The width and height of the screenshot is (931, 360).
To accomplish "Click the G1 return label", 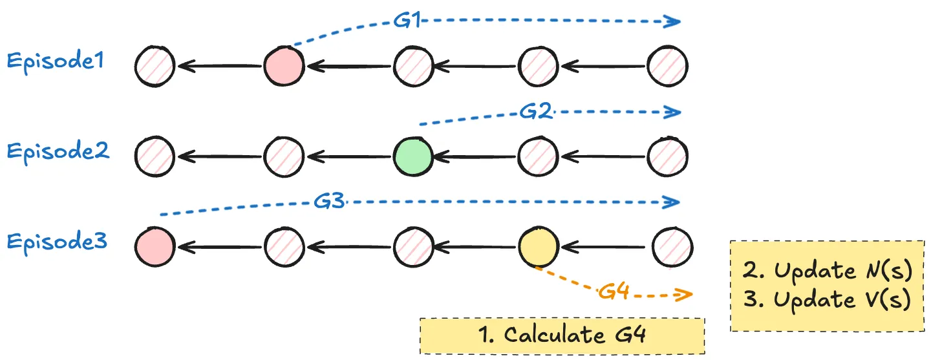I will click(407, 21).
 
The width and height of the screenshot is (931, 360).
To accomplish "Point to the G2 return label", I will click(535, 112).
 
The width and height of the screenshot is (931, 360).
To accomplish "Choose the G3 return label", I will click(329, 202).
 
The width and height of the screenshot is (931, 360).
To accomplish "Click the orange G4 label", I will click(614, 292).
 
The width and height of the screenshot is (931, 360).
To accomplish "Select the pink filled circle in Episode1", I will click(284, 65).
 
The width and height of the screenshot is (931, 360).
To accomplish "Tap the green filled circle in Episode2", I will click(413, 156).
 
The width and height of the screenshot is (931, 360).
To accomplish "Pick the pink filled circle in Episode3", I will click(155, 246).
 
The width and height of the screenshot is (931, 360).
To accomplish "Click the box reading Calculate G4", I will click(562, 335).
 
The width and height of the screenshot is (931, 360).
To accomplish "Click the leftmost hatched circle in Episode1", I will click(155, 65).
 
